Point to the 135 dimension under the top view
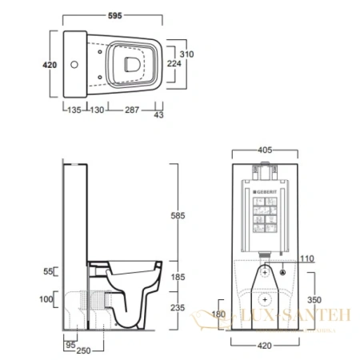coord(74,110)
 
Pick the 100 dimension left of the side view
coord(45,298)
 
